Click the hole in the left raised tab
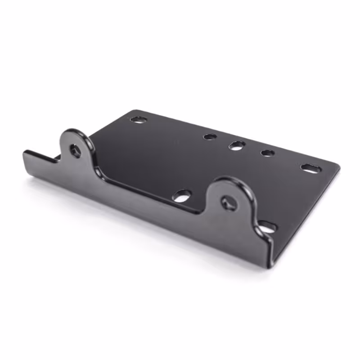click(75, 150)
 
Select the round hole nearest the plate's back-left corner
click(139, 120)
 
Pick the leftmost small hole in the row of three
click(210, 136)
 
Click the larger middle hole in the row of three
click(237, 145)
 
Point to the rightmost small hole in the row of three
click(268, 153)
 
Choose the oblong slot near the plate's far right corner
click(310, 169)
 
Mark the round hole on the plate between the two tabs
click(182, 196)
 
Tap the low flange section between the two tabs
click(153, 198)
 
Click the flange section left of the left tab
click(43, 163)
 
